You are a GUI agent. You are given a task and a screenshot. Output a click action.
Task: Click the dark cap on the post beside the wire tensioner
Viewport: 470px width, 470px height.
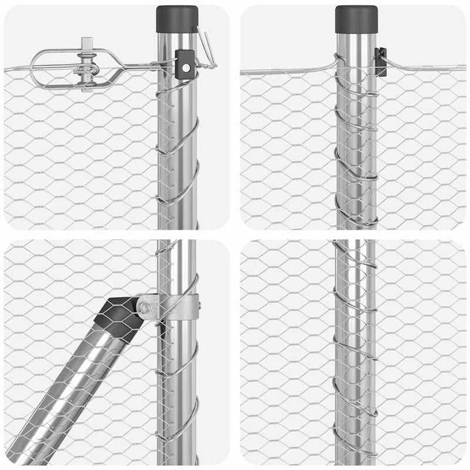point(177,19)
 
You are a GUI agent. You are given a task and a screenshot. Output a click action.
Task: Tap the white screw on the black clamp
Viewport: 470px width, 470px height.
point(186,66)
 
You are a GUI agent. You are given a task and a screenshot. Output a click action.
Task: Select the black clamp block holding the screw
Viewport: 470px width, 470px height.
point(184,61)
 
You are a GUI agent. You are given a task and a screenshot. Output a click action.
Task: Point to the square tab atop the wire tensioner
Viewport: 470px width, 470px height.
point(88,43)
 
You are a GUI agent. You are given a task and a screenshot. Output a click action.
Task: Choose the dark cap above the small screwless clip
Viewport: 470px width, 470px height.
point(356,19)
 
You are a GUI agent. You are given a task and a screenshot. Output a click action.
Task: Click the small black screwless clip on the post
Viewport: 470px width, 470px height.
point(381,62)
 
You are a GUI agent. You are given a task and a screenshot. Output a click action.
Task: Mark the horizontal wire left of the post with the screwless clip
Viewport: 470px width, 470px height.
point(288,70)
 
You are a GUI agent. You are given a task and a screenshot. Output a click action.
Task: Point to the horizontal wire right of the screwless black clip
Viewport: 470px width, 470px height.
point(423,68)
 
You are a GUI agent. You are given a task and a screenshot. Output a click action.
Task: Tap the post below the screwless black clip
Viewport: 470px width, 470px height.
point(355,153)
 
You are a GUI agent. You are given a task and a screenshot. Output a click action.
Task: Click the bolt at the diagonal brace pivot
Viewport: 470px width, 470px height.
point(145,307)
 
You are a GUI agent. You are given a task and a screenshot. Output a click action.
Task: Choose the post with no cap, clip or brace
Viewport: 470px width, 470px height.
point(355,352)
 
